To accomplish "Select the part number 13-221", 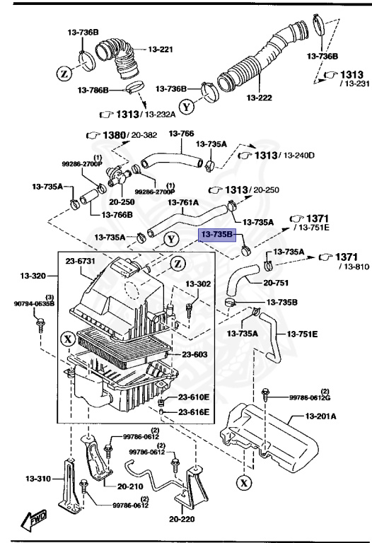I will pyautogui.click(x=161, y=49).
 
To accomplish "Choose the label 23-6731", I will pyautogui.click(x=81, y=261).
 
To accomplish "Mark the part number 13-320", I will pyautogui.click(x=33, y=275).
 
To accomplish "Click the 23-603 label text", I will pyautogui.click(x=186, y=355).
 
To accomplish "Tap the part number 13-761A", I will pyautogui.click(x=182, y=202).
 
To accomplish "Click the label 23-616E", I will pyautogui.click(x=193, y=411).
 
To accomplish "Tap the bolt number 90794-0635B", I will pyautogui.click(x=33, y=305).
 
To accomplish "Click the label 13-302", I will pyautogui.click(x=199, y=284).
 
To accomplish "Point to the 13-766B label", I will pyautogui.click(x=117, y=215).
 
